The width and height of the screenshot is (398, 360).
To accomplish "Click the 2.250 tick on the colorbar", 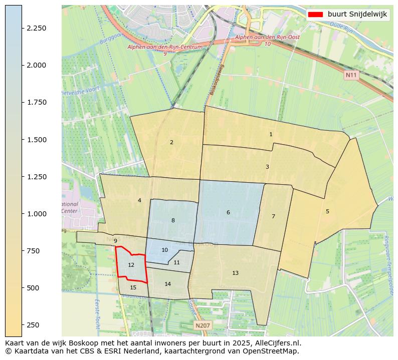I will coord(23,28).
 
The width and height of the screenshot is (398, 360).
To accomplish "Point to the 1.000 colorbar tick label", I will coord(36,214).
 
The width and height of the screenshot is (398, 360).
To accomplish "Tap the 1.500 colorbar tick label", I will coord(36,140).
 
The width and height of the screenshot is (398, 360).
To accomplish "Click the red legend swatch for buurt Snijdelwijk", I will coord(316,14).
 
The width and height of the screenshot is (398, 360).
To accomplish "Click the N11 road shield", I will coord(351,75).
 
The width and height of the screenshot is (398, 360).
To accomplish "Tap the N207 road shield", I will coord(203,325).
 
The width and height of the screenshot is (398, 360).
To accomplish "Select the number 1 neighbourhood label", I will coord(271,134).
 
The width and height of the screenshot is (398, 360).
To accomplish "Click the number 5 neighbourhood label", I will coord(327,211).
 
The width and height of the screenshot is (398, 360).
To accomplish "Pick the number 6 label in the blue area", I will coord(228,213).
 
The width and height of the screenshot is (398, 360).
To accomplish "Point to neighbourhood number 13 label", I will coord(235,273).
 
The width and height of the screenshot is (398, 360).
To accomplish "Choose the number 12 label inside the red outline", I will coord(131,265).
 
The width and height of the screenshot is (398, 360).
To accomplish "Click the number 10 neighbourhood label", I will coord(164,250).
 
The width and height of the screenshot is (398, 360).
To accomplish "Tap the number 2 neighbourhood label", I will coord(171,142).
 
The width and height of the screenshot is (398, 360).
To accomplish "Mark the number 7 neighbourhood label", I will coord(273,216).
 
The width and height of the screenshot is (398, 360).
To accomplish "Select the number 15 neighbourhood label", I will coord(133,287).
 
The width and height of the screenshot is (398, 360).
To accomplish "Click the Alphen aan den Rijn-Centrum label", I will coord(165,47).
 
